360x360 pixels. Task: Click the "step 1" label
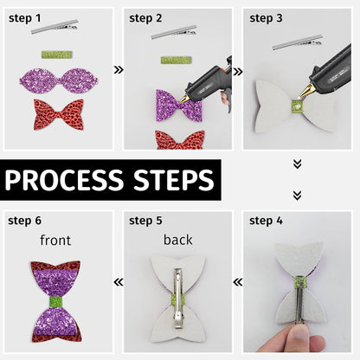(25, 18)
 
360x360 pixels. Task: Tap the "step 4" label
(266, 221)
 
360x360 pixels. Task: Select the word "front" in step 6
(55, 240)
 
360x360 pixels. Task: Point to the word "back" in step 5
(177, 240)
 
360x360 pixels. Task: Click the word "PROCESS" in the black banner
(64, 180)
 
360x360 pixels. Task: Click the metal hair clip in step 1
(55, 27)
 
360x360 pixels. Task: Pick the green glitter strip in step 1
(57, 55)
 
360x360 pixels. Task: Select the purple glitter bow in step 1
(59, 80)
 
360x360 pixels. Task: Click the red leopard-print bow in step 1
(59, 114)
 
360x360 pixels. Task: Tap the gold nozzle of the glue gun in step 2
(184, 99)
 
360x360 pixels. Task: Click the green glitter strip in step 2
(176, 61)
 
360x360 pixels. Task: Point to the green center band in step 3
(296, 106)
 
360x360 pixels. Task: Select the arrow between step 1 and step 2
(119, 69)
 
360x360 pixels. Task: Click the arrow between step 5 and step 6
(119, 282)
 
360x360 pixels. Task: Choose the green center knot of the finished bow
(56, 302)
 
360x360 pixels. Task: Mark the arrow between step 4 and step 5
(238, 282)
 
